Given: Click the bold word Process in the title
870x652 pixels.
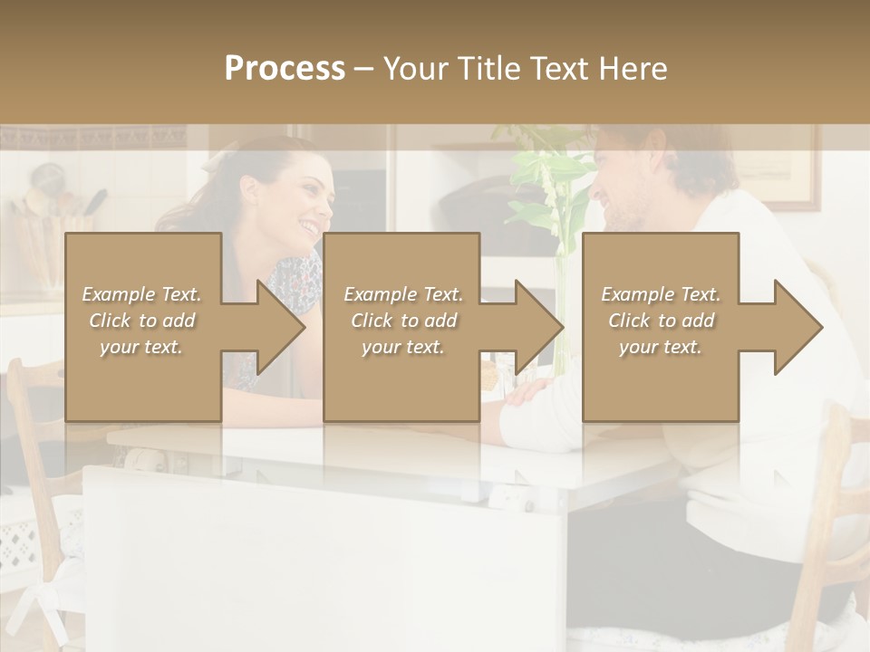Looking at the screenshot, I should point(285,69).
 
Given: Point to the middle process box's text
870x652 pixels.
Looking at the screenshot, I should point(403,321).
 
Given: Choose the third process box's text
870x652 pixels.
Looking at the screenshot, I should point(661,321).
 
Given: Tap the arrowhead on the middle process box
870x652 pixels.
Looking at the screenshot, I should point(534,327).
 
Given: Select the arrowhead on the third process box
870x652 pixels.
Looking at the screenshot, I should point(793,327).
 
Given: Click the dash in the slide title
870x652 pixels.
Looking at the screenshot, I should point(363,69).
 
